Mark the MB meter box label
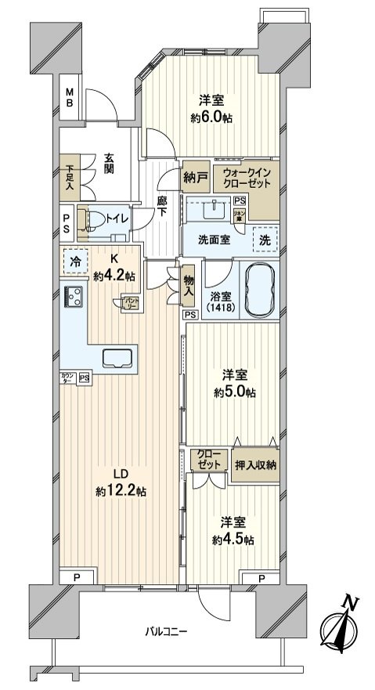tap(70, 98)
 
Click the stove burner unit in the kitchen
tap(75, 297)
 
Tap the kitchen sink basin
tap(117, 358)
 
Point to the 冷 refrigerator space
tap(75, 263)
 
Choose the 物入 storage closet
tap(188, 288)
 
